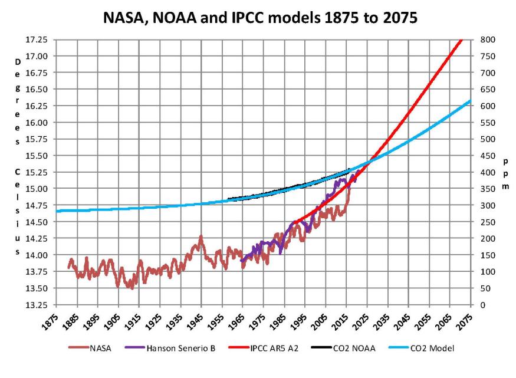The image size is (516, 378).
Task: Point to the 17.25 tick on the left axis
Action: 41,40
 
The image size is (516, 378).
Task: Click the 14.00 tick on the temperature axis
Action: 41,255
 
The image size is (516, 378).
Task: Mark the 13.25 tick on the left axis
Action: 41,305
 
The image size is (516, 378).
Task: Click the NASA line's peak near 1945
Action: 201,237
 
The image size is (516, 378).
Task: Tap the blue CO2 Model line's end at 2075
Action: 470,101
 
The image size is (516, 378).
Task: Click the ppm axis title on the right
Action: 506,173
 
